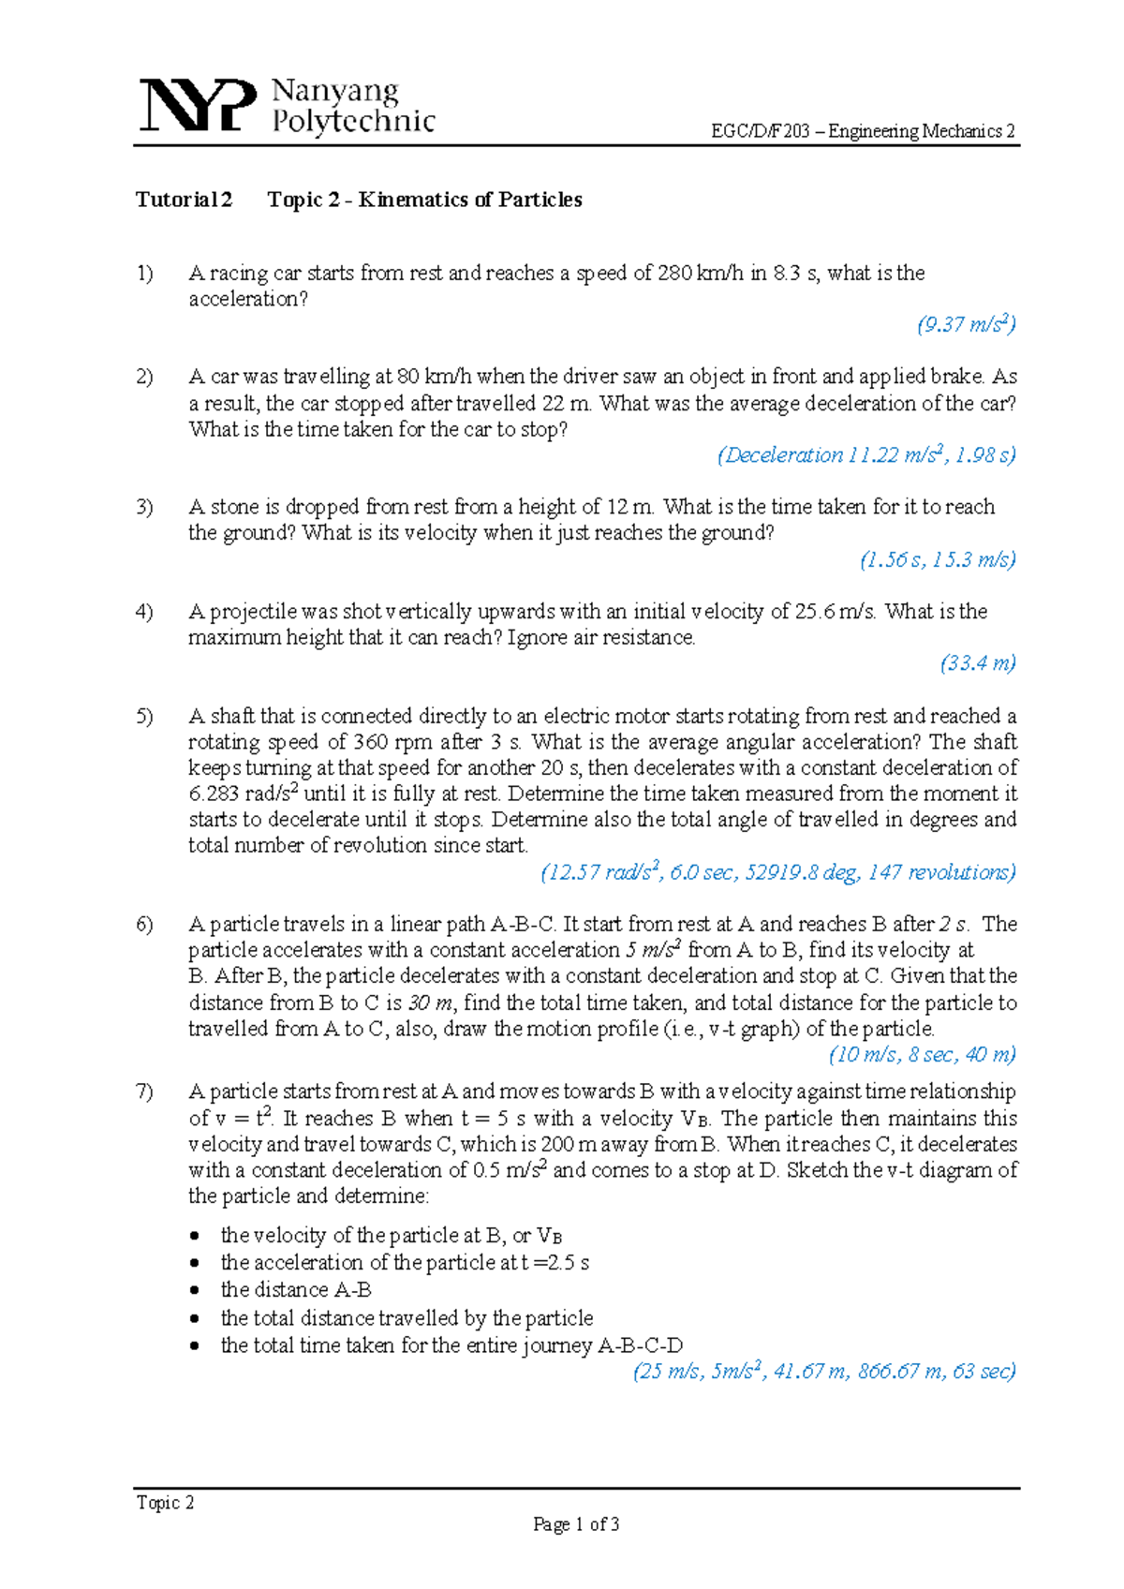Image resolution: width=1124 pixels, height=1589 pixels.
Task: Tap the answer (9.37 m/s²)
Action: [x=966, y=325]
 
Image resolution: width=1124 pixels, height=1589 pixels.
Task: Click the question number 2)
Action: [x=144, y=377]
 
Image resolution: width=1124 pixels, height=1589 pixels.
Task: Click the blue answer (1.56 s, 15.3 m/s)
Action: [x=938, y=560]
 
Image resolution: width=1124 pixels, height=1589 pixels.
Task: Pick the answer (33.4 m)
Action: [x=978, y=663]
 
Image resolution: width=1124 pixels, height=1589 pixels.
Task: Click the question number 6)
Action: [x=144, y=925]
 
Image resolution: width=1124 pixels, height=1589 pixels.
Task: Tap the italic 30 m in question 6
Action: [x=431, y=1002]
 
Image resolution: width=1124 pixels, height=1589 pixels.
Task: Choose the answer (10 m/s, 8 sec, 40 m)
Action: [x=922, y=1055]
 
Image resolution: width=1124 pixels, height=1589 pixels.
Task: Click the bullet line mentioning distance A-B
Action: [x=296, y=1290]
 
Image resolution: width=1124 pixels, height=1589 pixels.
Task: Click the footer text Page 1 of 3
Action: [x=576, y=1524]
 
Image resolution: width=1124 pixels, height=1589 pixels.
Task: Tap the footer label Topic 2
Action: [x=165, y=1503]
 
